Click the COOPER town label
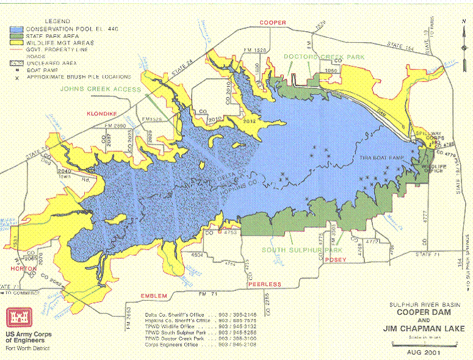(x=273, y=23)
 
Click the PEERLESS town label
(x=264, y=285)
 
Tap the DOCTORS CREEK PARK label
(x=323, y=57)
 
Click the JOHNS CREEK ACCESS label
(x=100, y=89)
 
